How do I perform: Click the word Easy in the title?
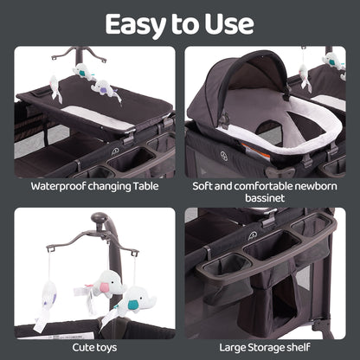point(135,25)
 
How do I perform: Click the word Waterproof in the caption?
point(58,186)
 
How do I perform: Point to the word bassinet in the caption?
point(265,198)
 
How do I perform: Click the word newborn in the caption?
point(315,186)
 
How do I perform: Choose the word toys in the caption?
point(107,348)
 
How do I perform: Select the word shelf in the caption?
point(299,347)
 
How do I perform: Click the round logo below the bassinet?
point(224,156)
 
